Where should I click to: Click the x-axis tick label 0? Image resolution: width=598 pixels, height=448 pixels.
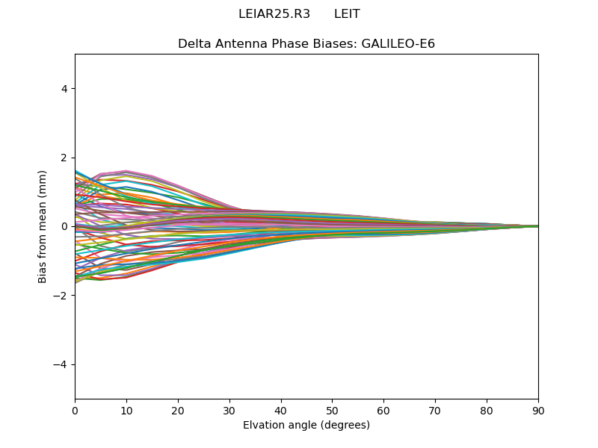point(75,410)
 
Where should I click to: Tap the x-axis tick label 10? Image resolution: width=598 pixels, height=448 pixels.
point(126,410)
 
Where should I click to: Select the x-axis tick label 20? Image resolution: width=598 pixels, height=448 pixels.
point(178,410)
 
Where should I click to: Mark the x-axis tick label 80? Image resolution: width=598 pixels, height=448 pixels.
point(487,410)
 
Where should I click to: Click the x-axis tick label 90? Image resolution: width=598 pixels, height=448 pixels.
point(538,410)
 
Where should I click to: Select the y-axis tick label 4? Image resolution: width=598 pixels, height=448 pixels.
point(64,89)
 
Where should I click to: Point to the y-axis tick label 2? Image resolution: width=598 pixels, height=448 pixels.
point(64,158)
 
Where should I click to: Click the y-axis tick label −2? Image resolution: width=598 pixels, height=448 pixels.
point(61,296)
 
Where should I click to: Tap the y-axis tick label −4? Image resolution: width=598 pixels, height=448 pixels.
point(61,364)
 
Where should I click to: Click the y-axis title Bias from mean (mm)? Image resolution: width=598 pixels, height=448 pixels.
point(43,226)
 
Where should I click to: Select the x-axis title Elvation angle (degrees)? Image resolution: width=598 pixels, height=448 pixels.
point(306,425)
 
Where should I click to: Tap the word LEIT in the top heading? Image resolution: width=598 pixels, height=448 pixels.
point(347,14)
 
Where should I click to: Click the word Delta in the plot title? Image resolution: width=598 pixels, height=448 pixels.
point(194,44)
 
